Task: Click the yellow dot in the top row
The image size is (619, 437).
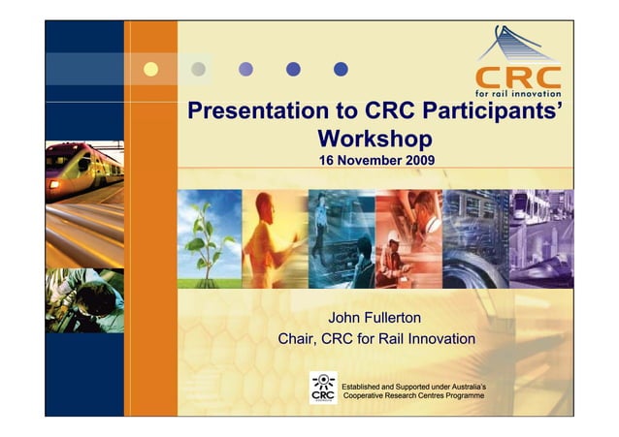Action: point(150,69)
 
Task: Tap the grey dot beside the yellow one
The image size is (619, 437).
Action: point(199,69)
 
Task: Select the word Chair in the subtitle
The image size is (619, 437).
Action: point(299,339)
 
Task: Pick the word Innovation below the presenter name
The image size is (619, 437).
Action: point(433,339)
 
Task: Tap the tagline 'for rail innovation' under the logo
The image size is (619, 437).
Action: point(517,94)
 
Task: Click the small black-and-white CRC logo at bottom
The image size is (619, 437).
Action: point(323,388)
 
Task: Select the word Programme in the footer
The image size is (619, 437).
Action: point(463,398)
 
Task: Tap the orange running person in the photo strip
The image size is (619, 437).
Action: point(262,242)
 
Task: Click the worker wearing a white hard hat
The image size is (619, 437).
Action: point(392,254)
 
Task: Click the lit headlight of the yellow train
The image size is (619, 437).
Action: point(55,183)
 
